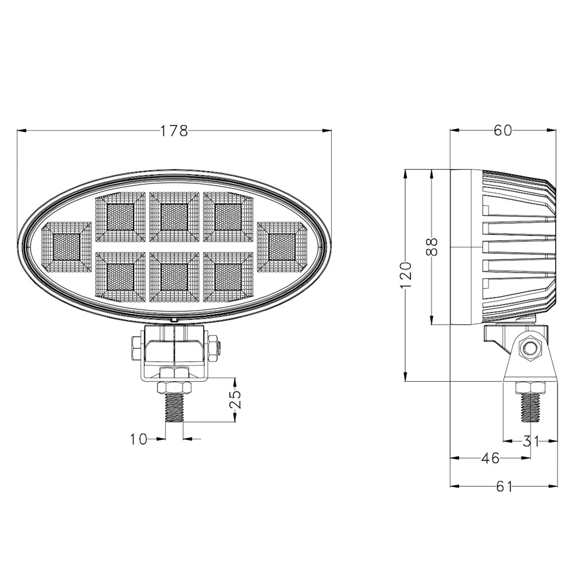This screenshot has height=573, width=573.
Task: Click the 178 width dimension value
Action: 174,131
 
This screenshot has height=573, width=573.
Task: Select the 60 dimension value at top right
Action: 503,131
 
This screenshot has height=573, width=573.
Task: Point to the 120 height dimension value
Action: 406,275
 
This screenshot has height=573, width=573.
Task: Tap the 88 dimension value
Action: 432,246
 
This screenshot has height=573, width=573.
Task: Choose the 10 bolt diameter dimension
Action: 139,439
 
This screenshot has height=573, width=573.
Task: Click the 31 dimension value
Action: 531,441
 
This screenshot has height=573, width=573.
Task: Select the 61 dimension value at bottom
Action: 504,486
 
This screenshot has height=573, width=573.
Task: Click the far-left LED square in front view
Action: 66,247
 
